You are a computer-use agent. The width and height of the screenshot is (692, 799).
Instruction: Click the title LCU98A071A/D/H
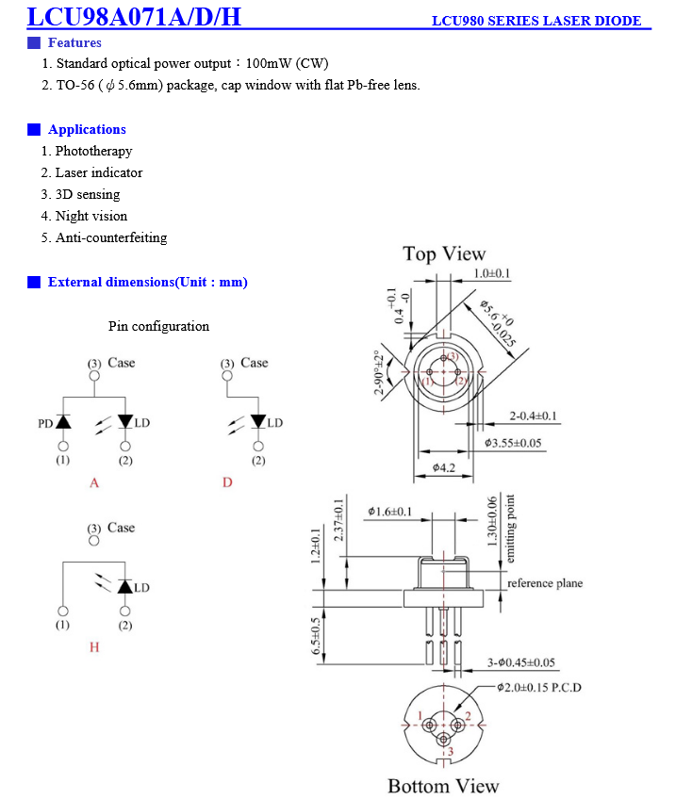point(134,16)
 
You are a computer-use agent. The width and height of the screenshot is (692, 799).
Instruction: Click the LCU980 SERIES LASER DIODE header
point(535,21)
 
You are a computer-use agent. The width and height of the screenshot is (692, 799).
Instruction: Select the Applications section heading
point(87,129)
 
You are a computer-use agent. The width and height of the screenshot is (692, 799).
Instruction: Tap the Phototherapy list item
point(93,151)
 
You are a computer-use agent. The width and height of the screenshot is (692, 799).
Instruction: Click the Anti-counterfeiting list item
point(110,237)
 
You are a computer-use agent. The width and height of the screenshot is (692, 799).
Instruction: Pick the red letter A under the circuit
point(94,482)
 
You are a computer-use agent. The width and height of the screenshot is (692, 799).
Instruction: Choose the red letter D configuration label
point(227,482)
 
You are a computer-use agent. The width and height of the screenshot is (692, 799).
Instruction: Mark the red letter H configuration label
point(94,647)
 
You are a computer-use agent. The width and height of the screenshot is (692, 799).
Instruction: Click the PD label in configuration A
point(44,424)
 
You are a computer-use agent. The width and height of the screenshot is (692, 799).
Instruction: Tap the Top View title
point(444,253)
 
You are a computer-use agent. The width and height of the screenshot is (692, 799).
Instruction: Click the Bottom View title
point(443,786)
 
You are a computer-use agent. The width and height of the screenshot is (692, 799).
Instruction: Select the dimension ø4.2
point(444,467)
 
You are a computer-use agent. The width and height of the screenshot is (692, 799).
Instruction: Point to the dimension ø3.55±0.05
point(513,442)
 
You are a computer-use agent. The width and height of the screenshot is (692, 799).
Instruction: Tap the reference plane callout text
point(545,583)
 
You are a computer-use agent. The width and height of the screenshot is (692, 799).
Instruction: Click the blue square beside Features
point(34,42)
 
